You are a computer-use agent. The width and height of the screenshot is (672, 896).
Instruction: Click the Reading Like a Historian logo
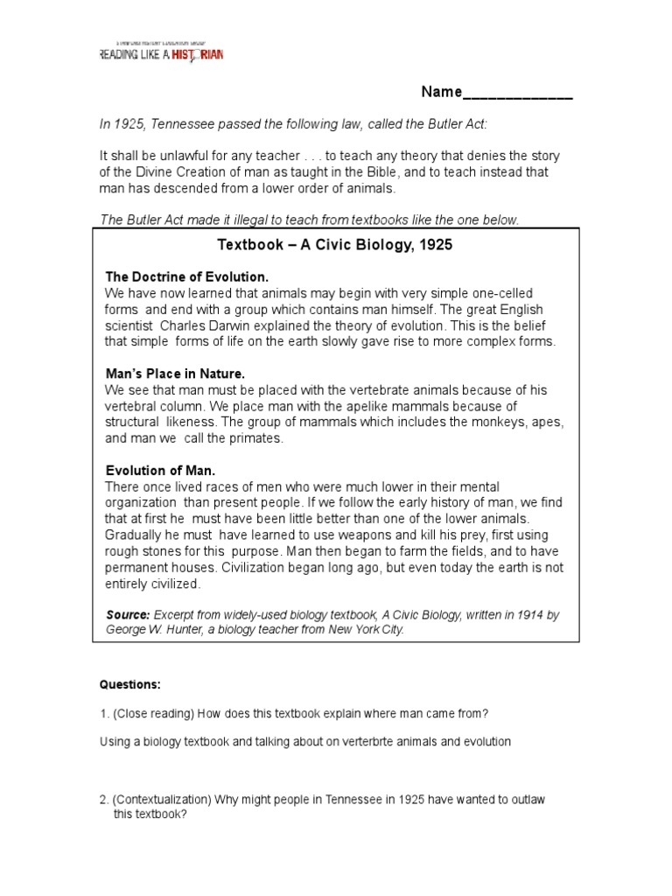(x=160, y=52)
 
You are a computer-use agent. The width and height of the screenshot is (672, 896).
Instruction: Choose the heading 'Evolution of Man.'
(x=159, y=470)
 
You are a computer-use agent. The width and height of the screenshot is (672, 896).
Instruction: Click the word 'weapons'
(x=358, y=535)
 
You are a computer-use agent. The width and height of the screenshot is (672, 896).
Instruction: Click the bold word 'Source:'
(x=128, y=615)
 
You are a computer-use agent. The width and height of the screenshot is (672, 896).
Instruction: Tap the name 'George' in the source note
(x=128, y=628)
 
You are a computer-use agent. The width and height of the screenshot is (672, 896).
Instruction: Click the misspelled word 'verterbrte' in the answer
(x=349, y=742)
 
